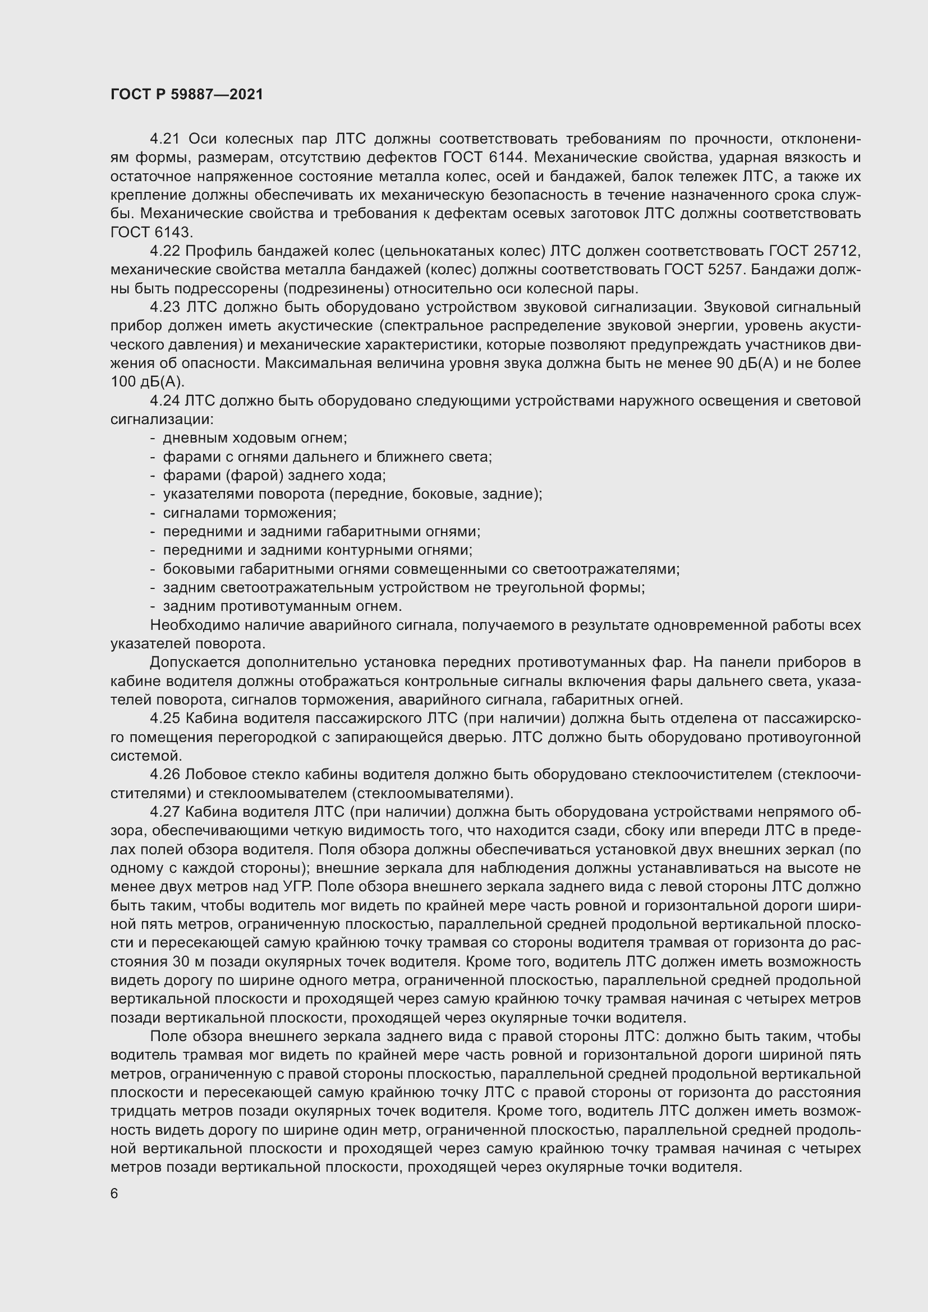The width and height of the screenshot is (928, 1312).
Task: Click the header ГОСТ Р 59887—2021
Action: click(x=187, y=94)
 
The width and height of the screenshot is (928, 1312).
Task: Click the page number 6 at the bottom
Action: click(x=114, y=1194)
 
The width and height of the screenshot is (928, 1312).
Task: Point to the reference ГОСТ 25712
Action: click(x=815, y=251)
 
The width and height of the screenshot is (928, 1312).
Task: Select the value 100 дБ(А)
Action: click(x=148, y=382)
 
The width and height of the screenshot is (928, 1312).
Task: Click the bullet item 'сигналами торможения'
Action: click(x=249, y=513)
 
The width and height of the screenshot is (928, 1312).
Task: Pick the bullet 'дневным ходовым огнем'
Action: click(x=255, y=438)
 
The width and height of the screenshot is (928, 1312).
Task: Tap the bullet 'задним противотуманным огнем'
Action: click(x=282, y=606)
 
